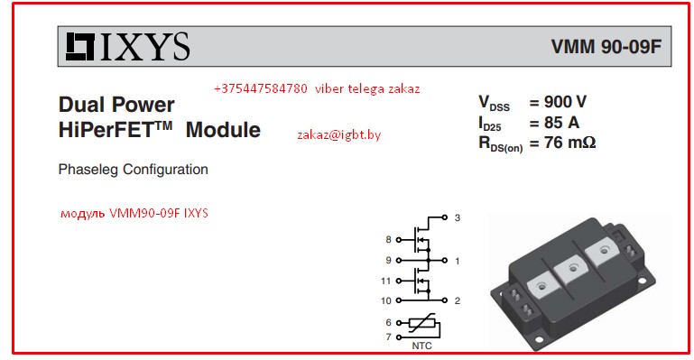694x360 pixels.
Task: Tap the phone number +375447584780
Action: coord(261,89)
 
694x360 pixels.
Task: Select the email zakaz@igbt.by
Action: coord(338,134)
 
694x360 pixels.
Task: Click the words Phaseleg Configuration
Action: coord(133,169)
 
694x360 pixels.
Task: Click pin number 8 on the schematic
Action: coord(388,240)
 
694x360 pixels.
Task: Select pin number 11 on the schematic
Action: coord(386,281)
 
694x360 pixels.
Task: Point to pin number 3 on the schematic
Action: coord(458,218)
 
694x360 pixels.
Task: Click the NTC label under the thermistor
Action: coord(421,345)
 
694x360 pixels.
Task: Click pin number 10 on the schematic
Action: coord(386,300)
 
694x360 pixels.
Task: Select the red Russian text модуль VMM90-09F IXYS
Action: coord(134,214)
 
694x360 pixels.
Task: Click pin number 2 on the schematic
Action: coord(458,300)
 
